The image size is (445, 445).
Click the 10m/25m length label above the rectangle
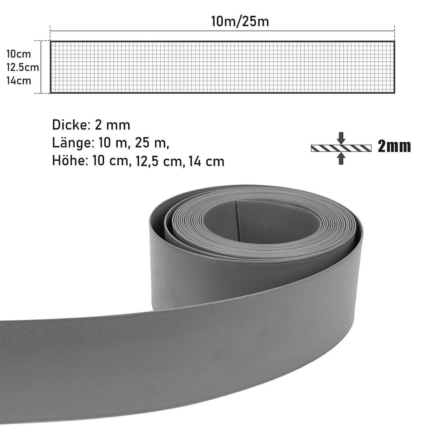[240, 21]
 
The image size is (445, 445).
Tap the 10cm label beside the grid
[19, 54]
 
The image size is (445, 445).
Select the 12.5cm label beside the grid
[23, 68]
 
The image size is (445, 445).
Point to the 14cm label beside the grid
[19, 81]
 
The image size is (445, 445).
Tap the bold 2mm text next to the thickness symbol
[394, 146]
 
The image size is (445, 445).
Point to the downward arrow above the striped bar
[342, 138]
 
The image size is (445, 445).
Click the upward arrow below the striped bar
[342, 158]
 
